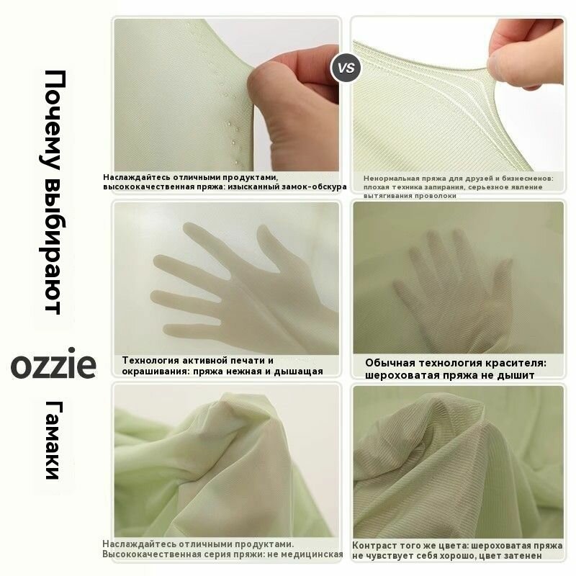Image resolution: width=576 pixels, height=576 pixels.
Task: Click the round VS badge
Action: point(346,68)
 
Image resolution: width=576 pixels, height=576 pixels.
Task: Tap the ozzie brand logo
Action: point(53,364)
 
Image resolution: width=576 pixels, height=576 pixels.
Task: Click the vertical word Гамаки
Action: point(55,440)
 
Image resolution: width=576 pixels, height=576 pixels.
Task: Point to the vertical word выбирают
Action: point(53,247)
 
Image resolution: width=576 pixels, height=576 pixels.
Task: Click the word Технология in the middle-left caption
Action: point(150,361)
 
